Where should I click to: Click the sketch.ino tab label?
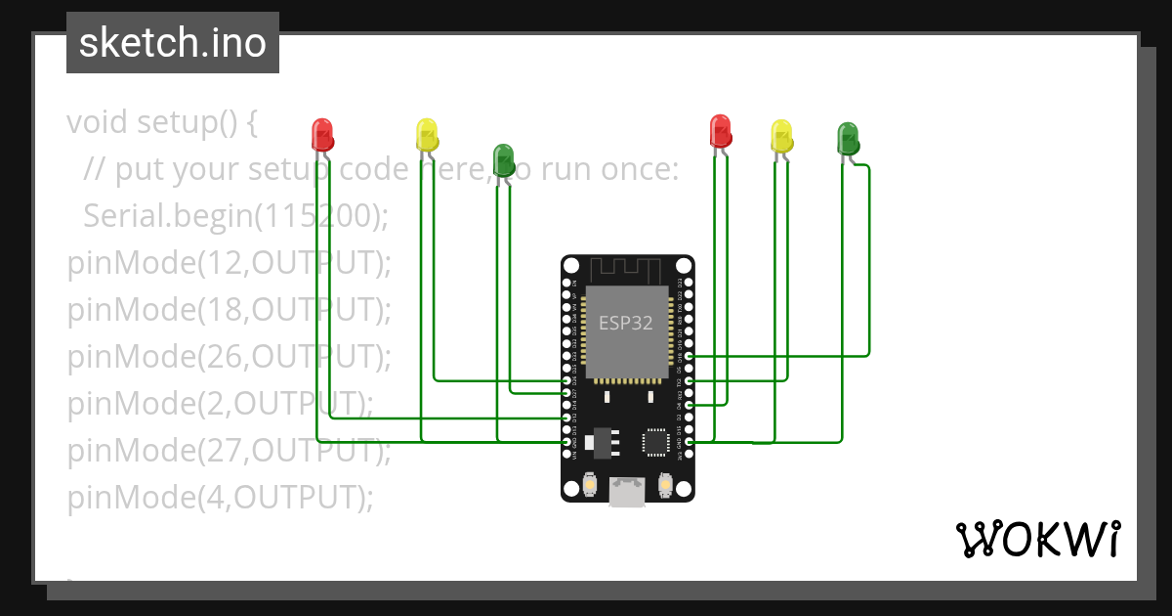[173, 43]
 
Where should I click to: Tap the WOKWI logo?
[1037, 539]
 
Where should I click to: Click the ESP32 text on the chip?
[626, 324]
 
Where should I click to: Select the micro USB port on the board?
[626, 491]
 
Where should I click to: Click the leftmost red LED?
[322, 134]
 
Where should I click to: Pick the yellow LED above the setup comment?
[427, 134]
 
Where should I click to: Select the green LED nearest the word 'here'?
[503, 159]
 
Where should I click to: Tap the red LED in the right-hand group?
[720, 130]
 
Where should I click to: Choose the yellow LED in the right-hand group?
[781, 136]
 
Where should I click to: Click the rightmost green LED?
[848, 138]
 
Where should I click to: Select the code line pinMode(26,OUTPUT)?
[229, 357]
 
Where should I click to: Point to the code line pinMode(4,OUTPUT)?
[220, 498]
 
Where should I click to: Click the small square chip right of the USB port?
[656, 442]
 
